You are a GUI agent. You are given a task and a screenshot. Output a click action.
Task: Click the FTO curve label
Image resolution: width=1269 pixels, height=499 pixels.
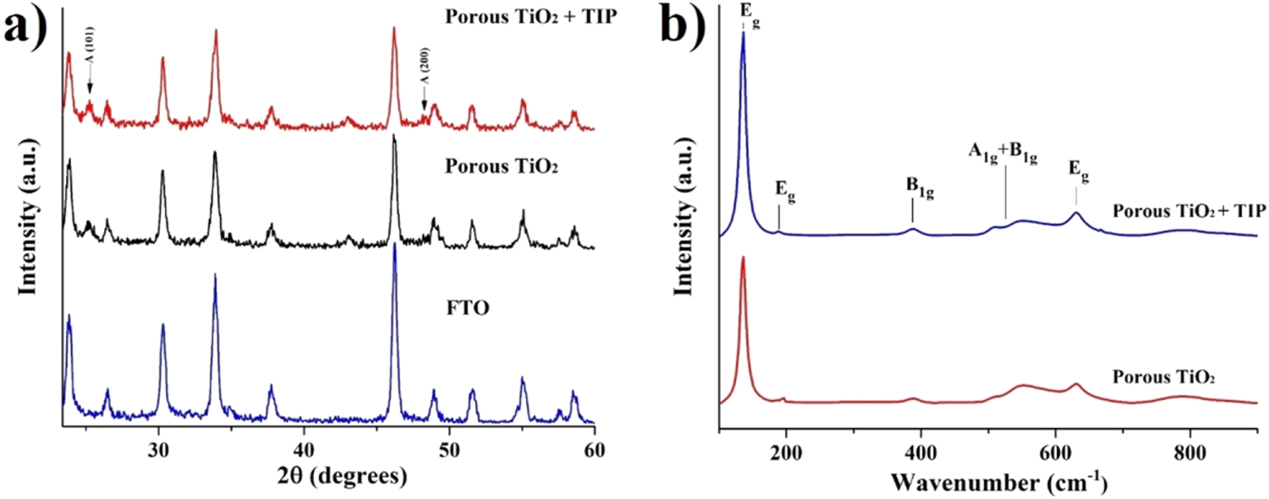(467, 308)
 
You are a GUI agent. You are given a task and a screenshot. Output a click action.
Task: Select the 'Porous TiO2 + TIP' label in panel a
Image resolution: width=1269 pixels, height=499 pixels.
(530, 16)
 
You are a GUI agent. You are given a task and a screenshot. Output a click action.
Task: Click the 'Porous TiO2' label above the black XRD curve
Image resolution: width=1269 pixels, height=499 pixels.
(502, 166)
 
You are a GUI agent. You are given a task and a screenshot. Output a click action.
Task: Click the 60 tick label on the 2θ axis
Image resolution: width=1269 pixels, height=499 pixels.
(594, 450)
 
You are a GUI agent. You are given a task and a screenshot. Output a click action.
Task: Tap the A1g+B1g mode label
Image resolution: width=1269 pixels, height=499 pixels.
(1003, 153)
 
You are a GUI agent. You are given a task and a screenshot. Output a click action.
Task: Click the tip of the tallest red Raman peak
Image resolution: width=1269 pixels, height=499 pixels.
(743, 257)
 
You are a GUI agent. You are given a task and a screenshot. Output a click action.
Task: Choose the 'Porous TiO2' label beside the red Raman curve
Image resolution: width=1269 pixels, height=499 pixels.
(1163, 378)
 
